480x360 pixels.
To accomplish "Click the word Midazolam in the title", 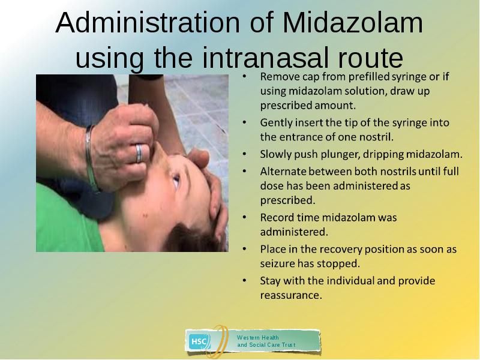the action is click(x=353, y=23).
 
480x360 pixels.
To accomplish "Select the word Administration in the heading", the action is click(x=148, y=23).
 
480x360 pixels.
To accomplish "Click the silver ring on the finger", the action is click(x=139, y=153).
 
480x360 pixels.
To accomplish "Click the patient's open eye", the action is click(x=176, y=181).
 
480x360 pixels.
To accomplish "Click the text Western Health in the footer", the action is click(x=258, y=338).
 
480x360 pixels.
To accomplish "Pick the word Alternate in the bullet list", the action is click(x=283, y=171).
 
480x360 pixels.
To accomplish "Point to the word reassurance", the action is click(x=291, y=295).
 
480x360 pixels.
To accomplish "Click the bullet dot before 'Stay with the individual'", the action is click(x=244, y=280).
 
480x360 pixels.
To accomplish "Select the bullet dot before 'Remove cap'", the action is click(x=244, y=76).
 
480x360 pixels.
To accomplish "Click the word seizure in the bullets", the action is click(x=278, y=263).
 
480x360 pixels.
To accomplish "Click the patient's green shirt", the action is click(x=64, y=220).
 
